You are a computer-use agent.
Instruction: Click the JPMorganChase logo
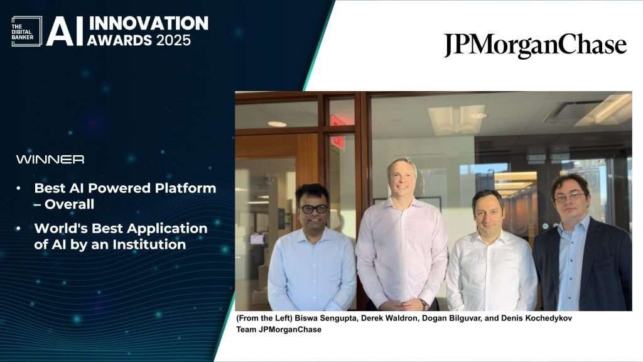point(535,45)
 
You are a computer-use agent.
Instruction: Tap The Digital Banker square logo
point(26,31)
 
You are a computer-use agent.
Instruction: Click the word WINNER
point(50,159)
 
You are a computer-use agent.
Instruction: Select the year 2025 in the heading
point(173,40)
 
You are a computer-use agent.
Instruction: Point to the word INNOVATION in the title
point(148,23)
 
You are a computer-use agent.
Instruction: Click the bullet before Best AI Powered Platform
point(18,189)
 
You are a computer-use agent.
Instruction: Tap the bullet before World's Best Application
point(18,229)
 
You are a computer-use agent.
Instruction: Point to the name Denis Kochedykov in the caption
point(536,318)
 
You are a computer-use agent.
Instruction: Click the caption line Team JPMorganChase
point(279,329)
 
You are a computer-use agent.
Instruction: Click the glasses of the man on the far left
point(314,209)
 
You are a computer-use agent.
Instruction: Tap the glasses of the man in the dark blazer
point(570,198)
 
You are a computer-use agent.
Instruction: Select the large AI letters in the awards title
point(65,31)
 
